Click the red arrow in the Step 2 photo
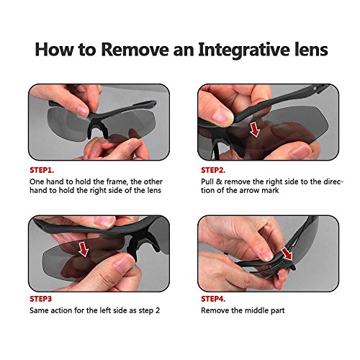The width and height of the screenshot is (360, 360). [255, 130]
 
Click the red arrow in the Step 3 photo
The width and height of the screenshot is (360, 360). [84, 249]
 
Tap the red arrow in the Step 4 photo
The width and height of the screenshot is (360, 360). [287, 254]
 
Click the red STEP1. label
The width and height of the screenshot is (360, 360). [42, 170]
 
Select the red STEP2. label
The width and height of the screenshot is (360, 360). [213, 170]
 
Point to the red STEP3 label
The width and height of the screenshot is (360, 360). [41, 299]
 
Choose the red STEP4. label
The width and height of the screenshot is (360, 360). [213, 299]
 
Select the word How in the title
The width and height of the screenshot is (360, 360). [54, 50]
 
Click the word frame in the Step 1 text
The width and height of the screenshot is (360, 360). [116, 181]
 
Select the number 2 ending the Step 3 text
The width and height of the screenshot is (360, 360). [158, 310]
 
